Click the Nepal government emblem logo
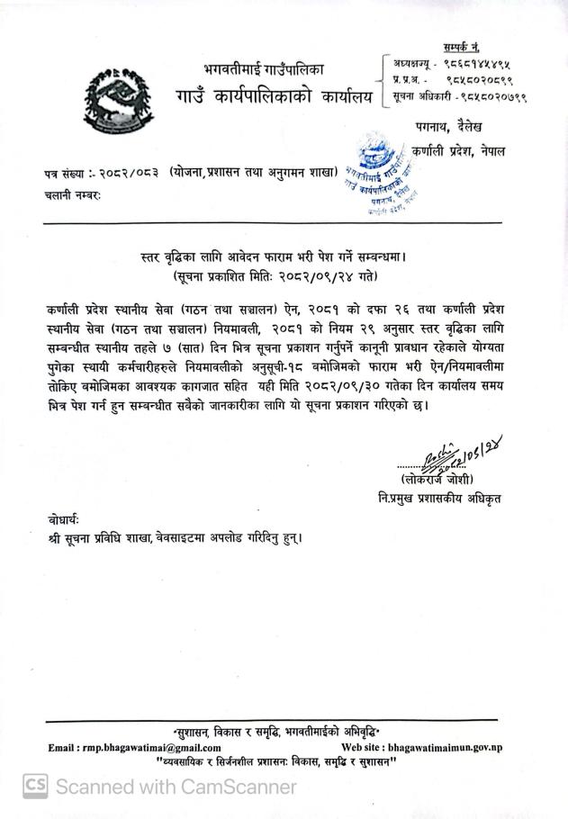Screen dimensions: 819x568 [112, 100]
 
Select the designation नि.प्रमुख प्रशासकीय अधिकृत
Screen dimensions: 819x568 [438, 499]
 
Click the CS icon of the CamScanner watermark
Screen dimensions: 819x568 [35, 787]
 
